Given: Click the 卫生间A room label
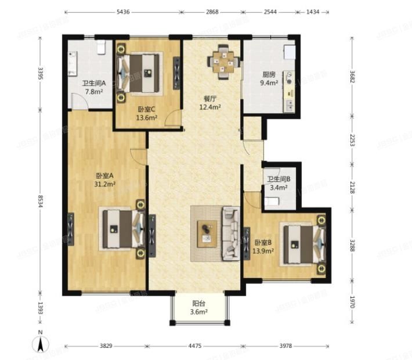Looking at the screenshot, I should (x=93, y=88).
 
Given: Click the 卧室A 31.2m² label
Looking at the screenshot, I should (x=105, y=180).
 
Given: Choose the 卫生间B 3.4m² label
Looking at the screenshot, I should (x=279, y=183).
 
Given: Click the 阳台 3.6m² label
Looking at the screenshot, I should (x=199, y=307).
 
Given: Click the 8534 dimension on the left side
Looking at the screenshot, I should (x=40, y=203).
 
